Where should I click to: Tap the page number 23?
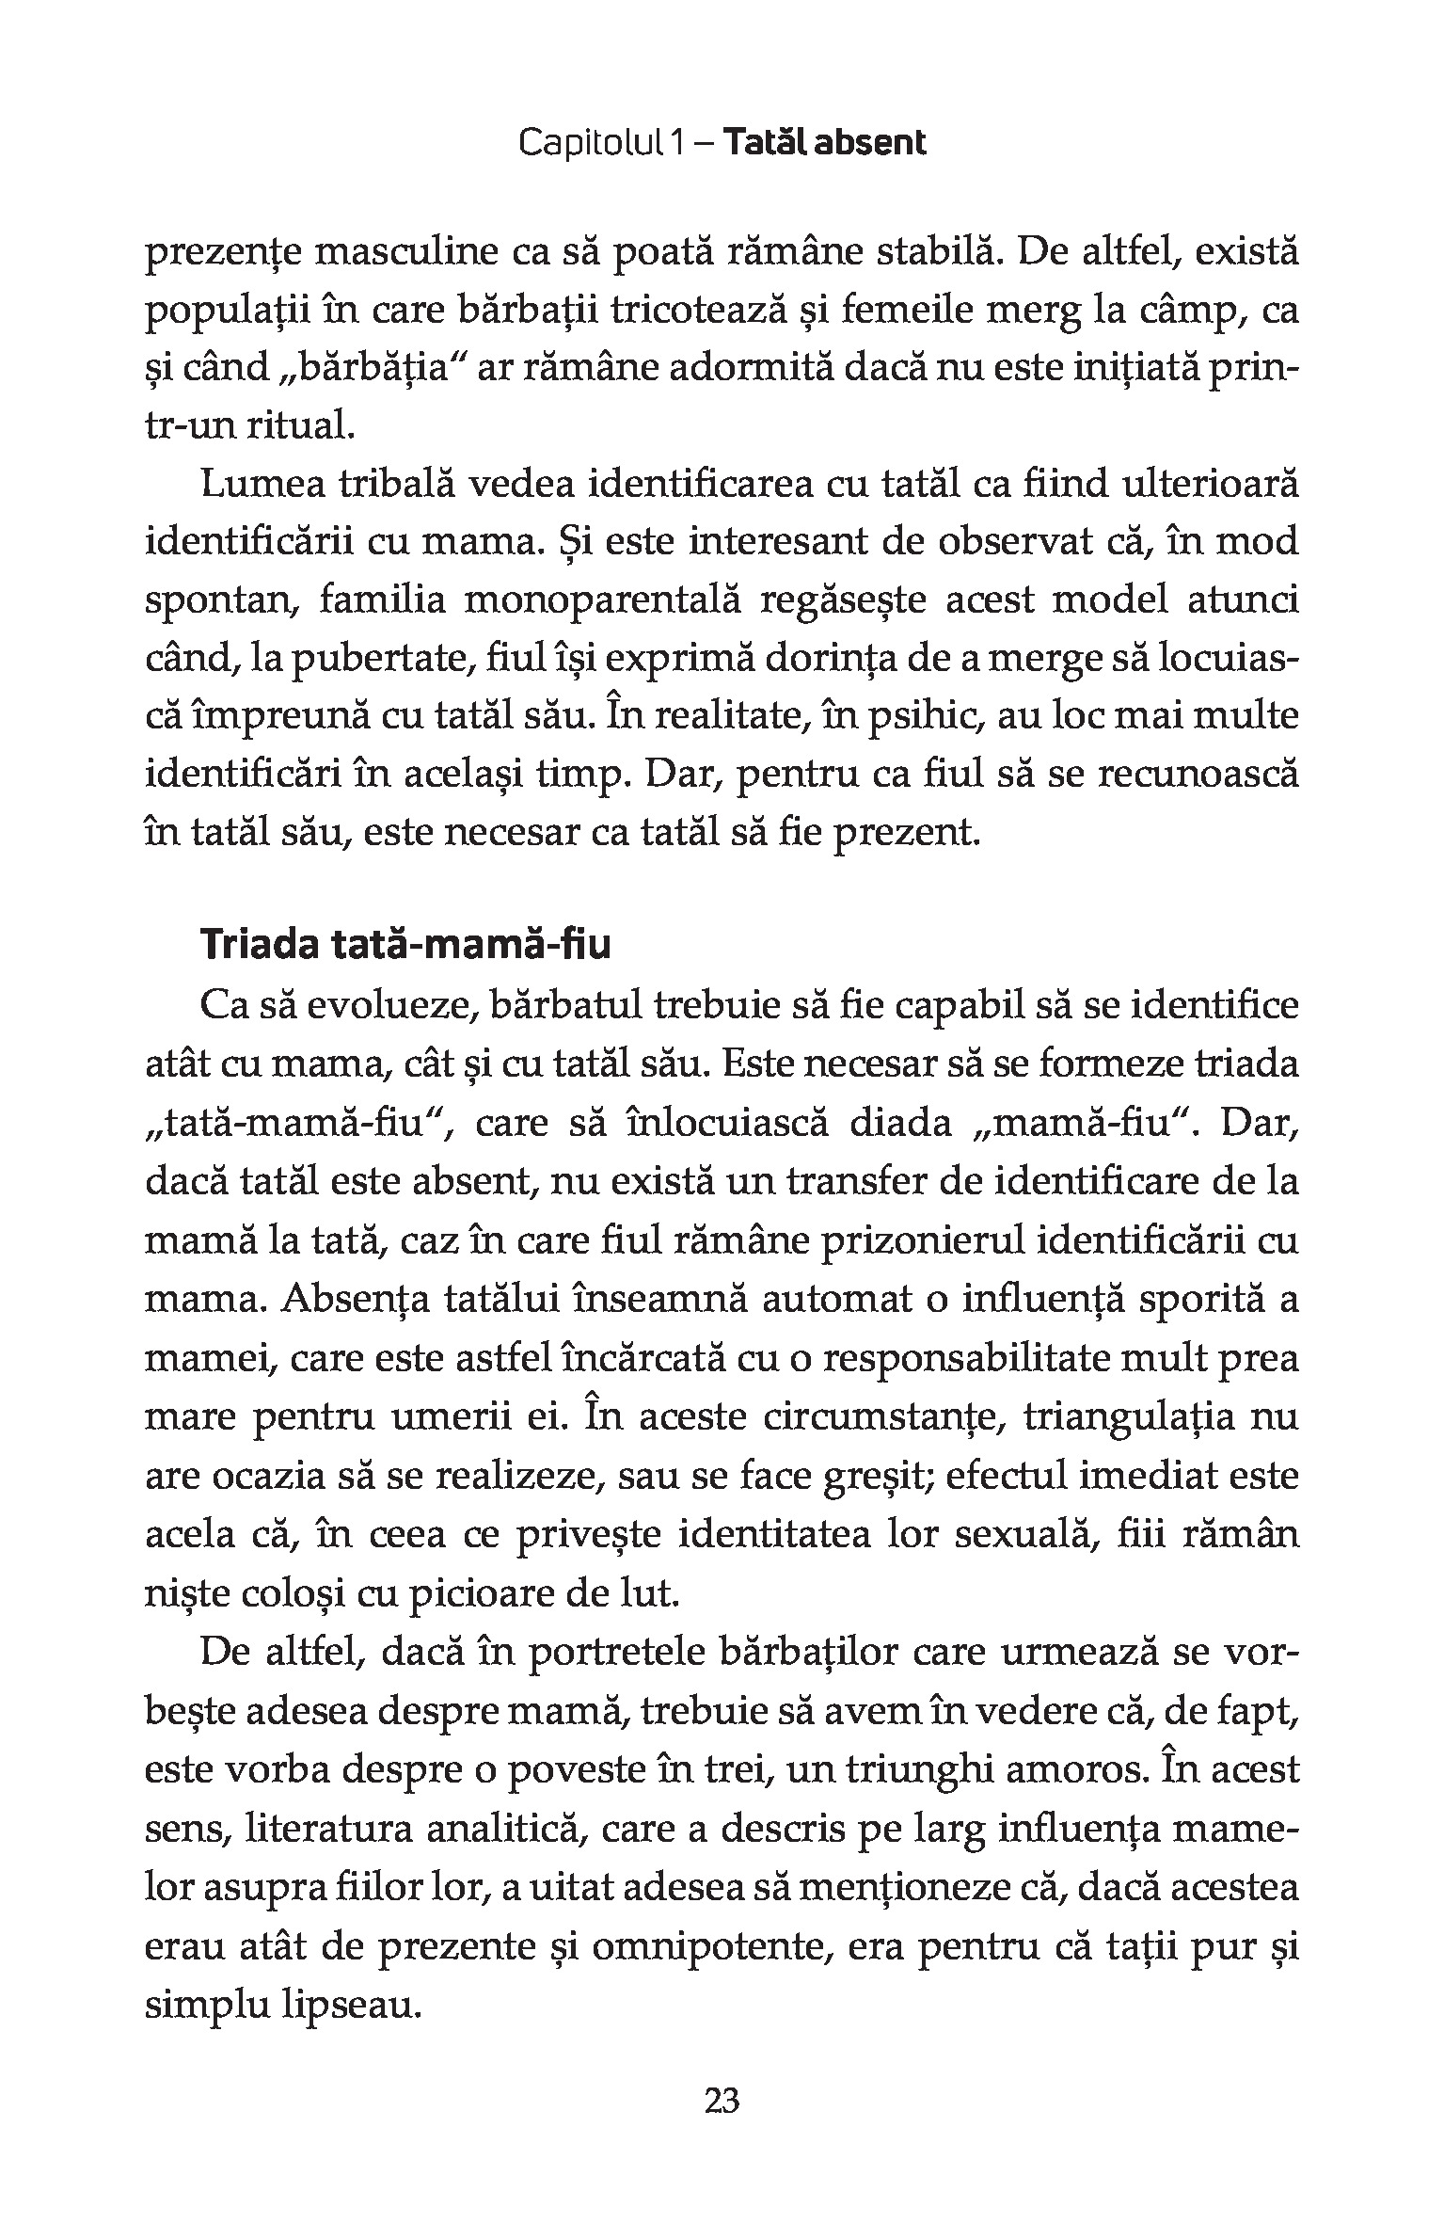pos(722,2124)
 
